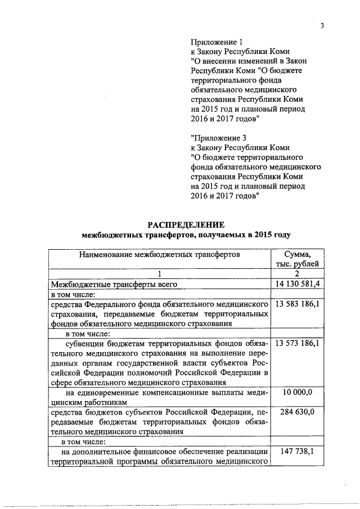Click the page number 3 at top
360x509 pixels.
(323, 25)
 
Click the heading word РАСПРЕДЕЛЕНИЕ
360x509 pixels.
(186, 224)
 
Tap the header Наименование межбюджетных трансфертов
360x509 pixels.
(160, 254)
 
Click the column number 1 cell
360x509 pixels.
(160, 274)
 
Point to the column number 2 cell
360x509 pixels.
(298, 274)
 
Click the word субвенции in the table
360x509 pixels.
(84, 343)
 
